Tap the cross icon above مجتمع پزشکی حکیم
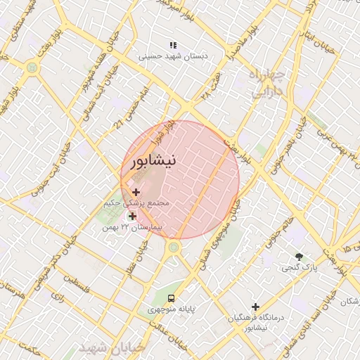point(136,192)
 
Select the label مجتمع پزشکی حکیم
point(146,202)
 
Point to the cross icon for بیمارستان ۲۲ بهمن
point(132,216)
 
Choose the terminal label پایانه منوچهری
point(171,309)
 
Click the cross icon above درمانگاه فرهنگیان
point(255,307)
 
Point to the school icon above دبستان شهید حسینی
point(173,44)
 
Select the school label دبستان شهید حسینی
point(168,55)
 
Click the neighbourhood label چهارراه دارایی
point(266,82)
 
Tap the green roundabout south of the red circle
point(173,247)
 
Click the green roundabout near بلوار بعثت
point(32,67)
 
